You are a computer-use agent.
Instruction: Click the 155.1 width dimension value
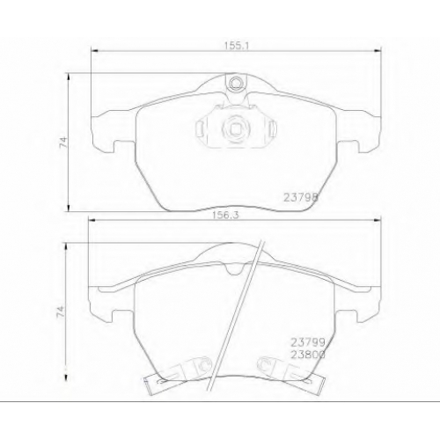point(237,46)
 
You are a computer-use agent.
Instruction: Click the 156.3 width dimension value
point(225,215)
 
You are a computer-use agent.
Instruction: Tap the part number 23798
point(301,197)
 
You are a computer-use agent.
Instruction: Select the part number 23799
point(308,342)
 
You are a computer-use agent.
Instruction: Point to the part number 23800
point(308,355)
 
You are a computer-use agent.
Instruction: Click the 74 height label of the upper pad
point(63,142)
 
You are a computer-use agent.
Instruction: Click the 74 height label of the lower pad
point(61,312)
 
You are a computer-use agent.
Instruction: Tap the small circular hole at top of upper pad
point(235,83)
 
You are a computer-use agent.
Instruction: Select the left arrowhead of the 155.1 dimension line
point(94,51)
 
